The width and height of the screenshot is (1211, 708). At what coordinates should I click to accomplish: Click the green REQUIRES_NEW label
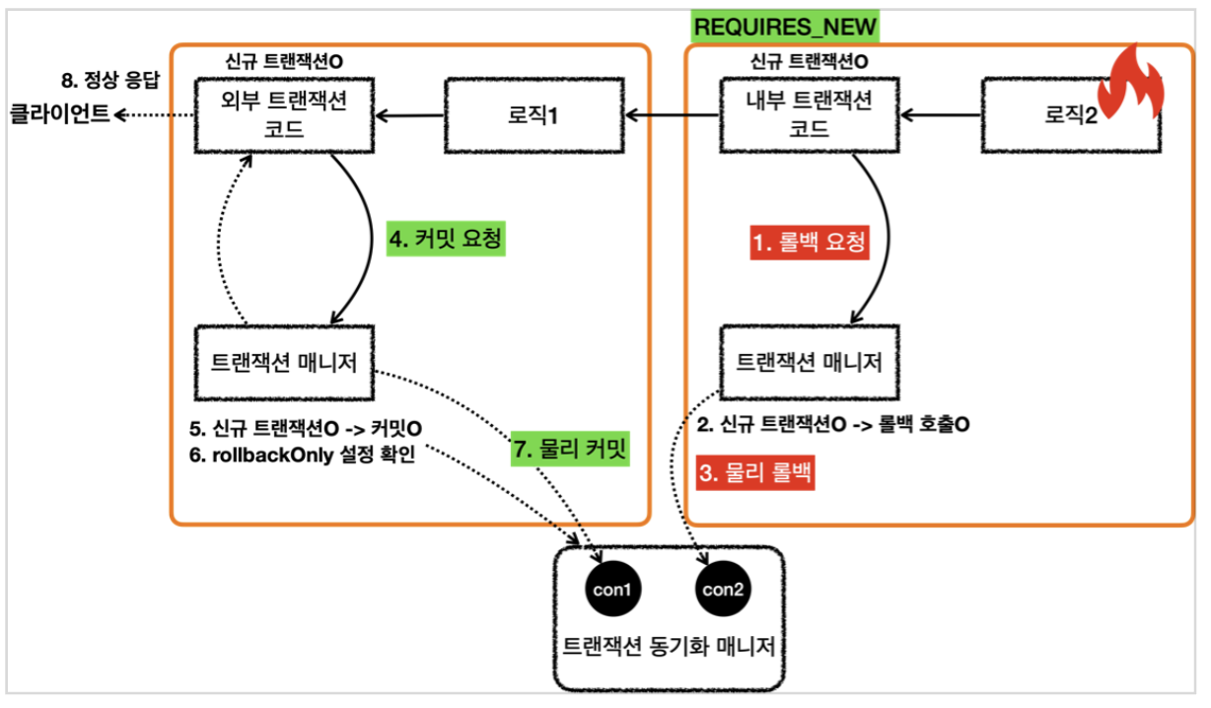[x=786, y=26]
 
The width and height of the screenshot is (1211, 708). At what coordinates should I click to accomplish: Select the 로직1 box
[x=533, y=116]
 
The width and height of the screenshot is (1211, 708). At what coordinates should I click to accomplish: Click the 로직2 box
[x=1069, y=116]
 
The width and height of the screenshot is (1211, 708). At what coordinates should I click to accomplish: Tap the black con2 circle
[x=726, y=589]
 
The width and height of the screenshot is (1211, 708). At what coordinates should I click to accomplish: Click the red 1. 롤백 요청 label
[x=811, y=242]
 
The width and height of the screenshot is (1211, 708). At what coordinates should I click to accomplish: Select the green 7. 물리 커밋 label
[x=570, y=449]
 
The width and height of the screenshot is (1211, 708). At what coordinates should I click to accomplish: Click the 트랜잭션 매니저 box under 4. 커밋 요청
[x=285, y=363]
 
